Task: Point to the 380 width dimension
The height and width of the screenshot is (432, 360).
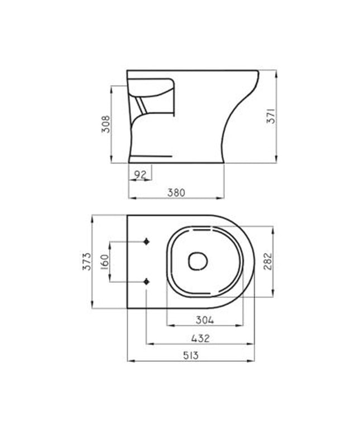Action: (176, 192)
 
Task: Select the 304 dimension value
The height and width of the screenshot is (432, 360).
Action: (205, 320)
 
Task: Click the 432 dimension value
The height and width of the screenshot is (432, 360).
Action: (200, 338)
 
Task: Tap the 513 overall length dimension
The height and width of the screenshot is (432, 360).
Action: (191, 355)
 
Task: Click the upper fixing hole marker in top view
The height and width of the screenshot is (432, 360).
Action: (147, 241)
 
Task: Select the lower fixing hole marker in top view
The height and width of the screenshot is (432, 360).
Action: (147, 281)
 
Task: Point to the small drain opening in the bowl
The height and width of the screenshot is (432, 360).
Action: (197, 261)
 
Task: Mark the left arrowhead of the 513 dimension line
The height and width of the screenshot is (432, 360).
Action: (129, 361)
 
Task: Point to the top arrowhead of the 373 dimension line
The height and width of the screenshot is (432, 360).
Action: (92, 216)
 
